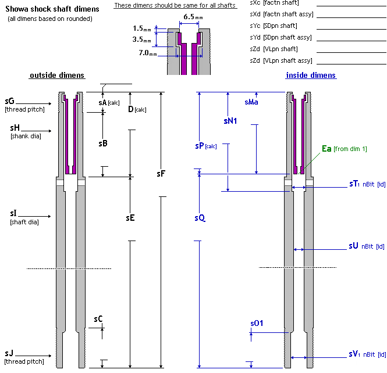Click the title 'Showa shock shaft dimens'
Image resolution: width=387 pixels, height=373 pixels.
pyautogui.click(x=52, y=9)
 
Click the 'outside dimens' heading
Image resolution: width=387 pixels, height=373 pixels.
pyautogui.click(x=57, y=76)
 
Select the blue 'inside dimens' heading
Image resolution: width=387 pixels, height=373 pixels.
pyautogui.click(x=311, y=76)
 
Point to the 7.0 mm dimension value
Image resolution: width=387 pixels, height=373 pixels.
pyautogui.click(x=148, y=53)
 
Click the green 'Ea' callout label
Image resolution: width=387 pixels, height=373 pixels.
pyautogui.click(x=326, y=149)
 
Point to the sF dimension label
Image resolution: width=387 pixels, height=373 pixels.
pyautogui.click(x=162, y=173)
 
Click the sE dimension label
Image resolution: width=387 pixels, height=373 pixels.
pyautogui.click(x=131, y=218)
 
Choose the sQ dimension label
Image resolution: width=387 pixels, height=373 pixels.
pyautogui.click(x=200, y=218)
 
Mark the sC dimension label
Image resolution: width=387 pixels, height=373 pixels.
pyautogui.click(x=98, y=319)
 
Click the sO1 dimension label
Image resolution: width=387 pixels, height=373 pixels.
pyautogui.click(x=257, y=322)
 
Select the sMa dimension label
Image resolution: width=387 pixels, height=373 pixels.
pyautogui.click(x=251, y=102)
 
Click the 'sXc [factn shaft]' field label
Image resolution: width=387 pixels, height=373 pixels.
pyautogui.click(x=274, y=3)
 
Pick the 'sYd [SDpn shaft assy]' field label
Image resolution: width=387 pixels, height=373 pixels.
pyautogui.click(x=282, y=37)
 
